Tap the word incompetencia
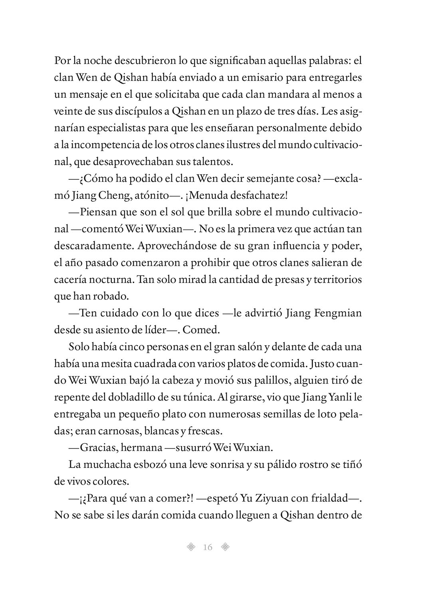(x=101, y=145)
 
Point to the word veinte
(x=67, y=112)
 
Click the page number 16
(x=208, y=547)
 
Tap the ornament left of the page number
(x=191, y=547)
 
